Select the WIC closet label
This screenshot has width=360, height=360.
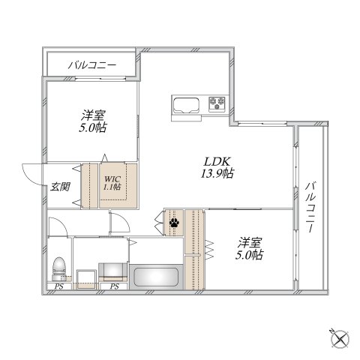(112, 178)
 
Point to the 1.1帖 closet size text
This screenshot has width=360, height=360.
(112, 187)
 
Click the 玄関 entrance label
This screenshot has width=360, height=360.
(60, 186)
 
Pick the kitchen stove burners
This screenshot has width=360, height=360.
(218, 103)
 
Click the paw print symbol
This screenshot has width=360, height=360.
(174, 222)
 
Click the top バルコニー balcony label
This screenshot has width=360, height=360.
(91, 65)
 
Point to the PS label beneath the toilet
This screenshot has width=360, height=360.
(58, 286)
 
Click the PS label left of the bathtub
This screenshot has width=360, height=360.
(115, 286)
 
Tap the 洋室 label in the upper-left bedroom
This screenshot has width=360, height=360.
(94, 115)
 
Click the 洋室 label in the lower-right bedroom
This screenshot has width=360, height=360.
(250, 241)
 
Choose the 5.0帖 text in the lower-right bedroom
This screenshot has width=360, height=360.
(250, 255)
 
